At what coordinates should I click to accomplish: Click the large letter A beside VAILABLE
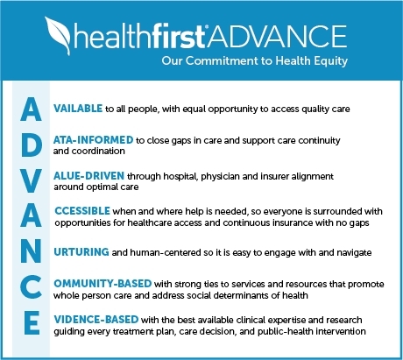click(x=29, y=108)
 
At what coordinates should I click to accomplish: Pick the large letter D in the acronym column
click(x=29, y=144)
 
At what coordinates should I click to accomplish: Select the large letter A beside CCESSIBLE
click(x=29, y=217)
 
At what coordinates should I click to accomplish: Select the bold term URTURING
click(x=81, y=252)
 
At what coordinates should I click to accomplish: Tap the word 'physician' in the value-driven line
click(x=245, y=176)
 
